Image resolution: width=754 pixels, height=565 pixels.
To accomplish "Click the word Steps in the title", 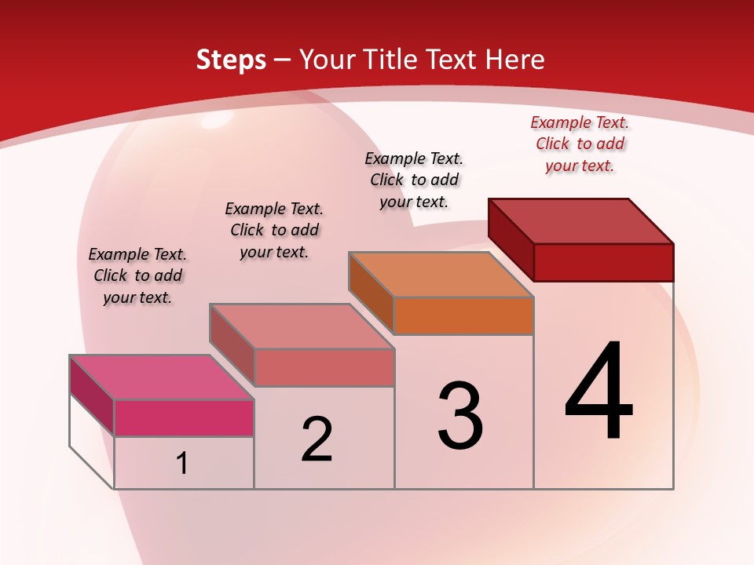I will coord(231,60).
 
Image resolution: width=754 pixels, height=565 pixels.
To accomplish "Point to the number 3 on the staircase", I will coord(460,416).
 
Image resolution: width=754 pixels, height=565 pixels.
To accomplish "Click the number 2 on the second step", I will coord(317,439).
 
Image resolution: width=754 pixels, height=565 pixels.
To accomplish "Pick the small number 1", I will coord(182,464).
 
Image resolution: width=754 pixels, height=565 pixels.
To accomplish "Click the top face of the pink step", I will coord(161,377).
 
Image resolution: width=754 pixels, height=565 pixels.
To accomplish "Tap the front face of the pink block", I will coord(184,417).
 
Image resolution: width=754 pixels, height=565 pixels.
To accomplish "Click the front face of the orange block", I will coord(463,315).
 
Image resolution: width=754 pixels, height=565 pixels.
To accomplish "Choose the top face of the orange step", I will coord(441,275).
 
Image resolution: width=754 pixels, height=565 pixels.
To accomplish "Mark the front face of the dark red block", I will coord(603,261).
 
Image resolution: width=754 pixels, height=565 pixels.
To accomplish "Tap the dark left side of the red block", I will coord(511,239).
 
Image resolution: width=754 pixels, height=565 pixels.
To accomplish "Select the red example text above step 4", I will coord(580,144).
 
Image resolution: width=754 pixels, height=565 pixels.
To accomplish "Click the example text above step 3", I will coord(414,180).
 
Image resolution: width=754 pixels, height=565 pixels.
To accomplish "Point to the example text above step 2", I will coord(274,230).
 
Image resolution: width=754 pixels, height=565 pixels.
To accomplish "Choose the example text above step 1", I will coord(137,275).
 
